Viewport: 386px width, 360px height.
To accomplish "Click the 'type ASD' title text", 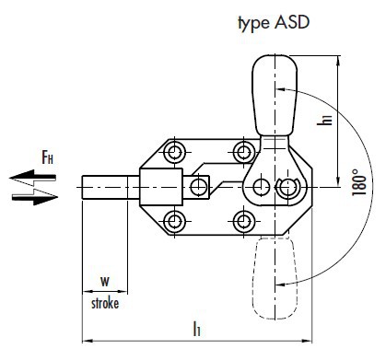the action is (x=274, y=23).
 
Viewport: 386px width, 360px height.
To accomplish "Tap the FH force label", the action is (x=47, y=157).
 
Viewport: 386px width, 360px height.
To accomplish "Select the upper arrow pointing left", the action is (x=32, y=178).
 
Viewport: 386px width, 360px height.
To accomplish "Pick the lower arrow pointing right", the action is (x=35, y=197).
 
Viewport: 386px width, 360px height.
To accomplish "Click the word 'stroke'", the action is (x=105, y=303).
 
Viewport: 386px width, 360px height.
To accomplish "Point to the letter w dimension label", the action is (x=105, y=281).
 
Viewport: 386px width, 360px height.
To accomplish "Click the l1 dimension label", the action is (x=197, y=328).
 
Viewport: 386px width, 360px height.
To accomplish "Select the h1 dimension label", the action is (x=325, y=119).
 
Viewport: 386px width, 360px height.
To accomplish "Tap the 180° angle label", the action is (x=359, y=181).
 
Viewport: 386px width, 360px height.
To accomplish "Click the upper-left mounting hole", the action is (x=174, y=152).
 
